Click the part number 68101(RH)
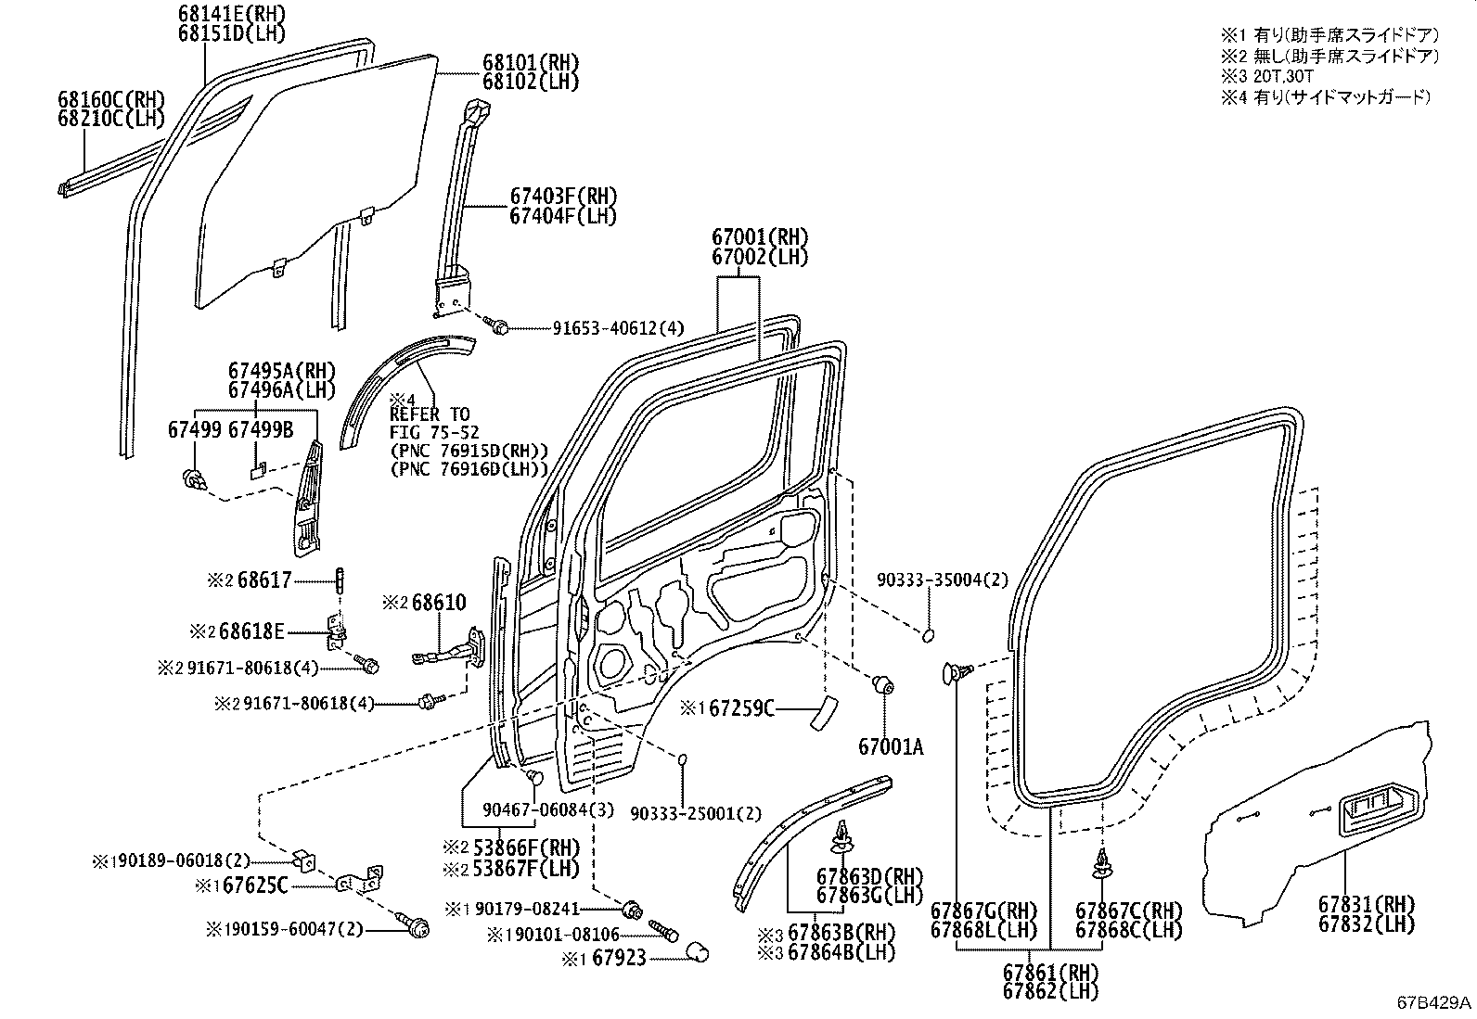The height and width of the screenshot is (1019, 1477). click(530, 63)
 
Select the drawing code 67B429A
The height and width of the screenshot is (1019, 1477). click(1434, 1003)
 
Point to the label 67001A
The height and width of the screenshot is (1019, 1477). click(891, 745)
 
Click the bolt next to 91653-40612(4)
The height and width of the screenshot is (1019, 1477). click(497, 326)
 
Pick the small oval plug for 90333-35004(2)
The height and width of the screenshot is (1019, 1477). click(927, 635)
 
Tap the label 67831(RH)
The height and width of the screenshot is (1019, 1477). click(1367, 904)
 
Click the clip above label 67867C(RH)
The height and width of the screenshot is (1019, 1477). click(1103, 862)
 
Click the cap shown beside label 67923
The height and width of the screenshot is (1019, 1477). click(697, 952)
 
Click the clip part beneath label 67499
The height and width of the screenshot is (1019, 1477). click(194, 479)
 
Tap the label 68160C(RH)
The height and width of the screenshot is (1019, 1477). click(109, 99)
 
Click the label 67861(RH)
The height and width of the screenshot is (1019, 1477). click(1050, 973)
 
